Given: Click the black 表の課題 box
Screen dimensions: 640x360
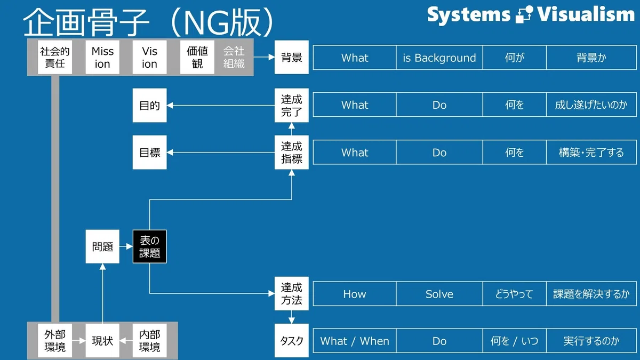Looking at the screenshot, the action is [149, 246].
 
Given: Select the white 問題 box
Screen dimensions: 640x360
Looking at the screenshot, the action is [102, 246].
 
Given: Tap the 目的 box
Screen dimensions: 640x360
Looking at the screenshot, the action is [149, 105].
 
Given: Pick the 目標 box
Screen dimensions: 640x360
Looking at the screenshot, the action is [149, 153].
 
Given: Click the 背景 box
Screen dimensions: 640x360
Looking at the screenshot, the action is [291, 57].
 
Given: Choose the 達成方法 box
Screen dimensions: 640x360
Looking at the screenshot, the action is [291, 293].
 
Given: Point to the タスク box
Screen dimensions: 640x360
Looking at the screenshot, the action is [291, 341].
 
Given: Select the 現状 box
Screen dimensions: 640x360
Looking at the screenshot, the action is [102, 341].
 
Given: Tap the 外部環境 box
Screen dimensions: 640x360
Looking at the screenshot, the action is [55, 341].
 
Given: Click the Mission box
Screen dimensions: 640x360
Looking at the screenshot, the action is [102, 57].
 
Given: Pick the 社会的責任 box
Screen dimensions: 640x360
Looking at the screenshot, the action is [55, 57].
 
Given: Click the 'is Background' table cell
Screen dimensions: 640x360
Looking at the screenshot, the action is [439, 58].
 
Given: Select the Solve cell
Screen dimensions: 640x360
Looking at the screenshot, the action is [439, 294].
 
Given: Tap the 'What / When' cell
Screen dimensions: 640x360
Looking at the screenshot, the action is [355, 341].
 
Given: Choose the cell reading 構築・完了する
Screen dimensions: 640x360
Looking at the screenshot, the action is [591, 153].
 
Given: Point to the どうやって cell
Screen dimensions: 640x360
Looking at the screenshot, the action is [514, 294].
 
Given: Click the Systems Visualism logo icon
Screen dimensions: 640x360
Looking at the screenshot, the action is [524, 14].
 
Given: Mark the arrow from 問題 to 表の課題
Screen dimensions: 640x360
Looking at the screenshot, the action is [126, 246].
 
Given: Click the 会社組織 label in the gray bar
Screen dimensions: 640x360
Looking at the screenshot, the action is [234, 57].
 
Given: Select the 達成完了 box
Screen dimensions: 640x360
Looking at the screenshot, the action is [291, 105].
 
